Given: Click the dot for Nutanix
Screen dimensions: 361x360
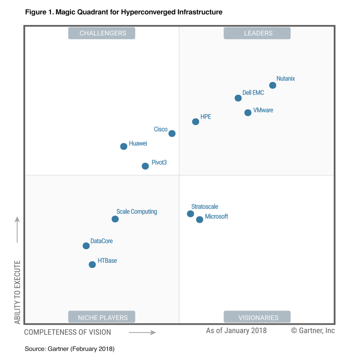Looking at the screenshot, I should tap(273, 85).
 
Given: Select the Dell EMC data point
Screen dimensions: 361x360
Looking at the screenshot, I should tap(238, 98).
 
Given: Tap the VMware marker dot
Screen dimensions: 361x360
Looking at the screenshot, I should tap(248, 113).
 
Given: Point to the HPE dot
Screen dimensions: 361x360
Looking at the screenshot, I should tap(195, 122).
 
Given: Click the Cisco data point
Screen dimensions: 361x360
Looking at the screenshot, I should tap(172, 134).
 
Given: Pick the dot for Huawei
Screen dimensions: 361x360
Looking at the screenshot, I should tap(124, 146).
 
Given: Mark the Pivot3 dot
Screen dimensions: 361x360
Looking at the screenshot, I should tap(145, 166).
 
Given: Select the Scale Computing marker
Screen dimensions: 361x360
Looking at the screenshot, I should tap(115, 219).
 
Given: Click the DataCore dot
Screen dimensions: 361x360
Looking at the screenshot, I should tap(86, 246).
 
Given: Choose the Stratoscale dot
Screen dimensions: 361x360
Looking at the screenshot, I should tap(190, 214).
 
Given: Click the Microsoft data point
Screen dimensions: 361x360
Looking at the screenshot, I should tap(200, 220).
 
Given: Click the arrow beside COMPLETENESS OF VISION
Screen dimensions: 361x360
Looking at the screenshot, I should tap(142, 332).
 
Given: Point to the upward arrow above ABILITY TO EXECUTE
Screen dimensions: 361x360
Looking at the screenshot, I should tap(17, 230).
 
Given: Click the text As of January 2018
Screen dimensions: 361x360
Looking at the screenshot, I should tap(236, 331).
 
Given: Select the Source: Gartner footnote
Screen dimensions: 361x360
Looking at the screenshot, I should tap(70, 349).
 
